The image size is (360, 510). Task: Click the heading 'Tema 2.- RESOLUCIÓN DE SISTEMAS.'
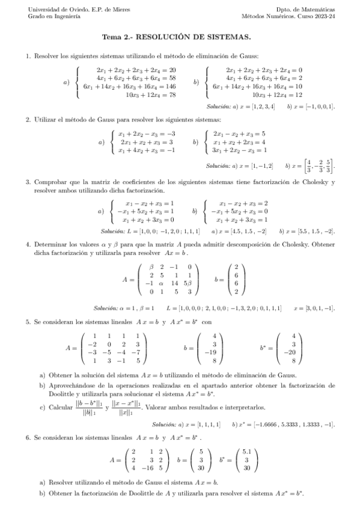pos(180,37)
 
